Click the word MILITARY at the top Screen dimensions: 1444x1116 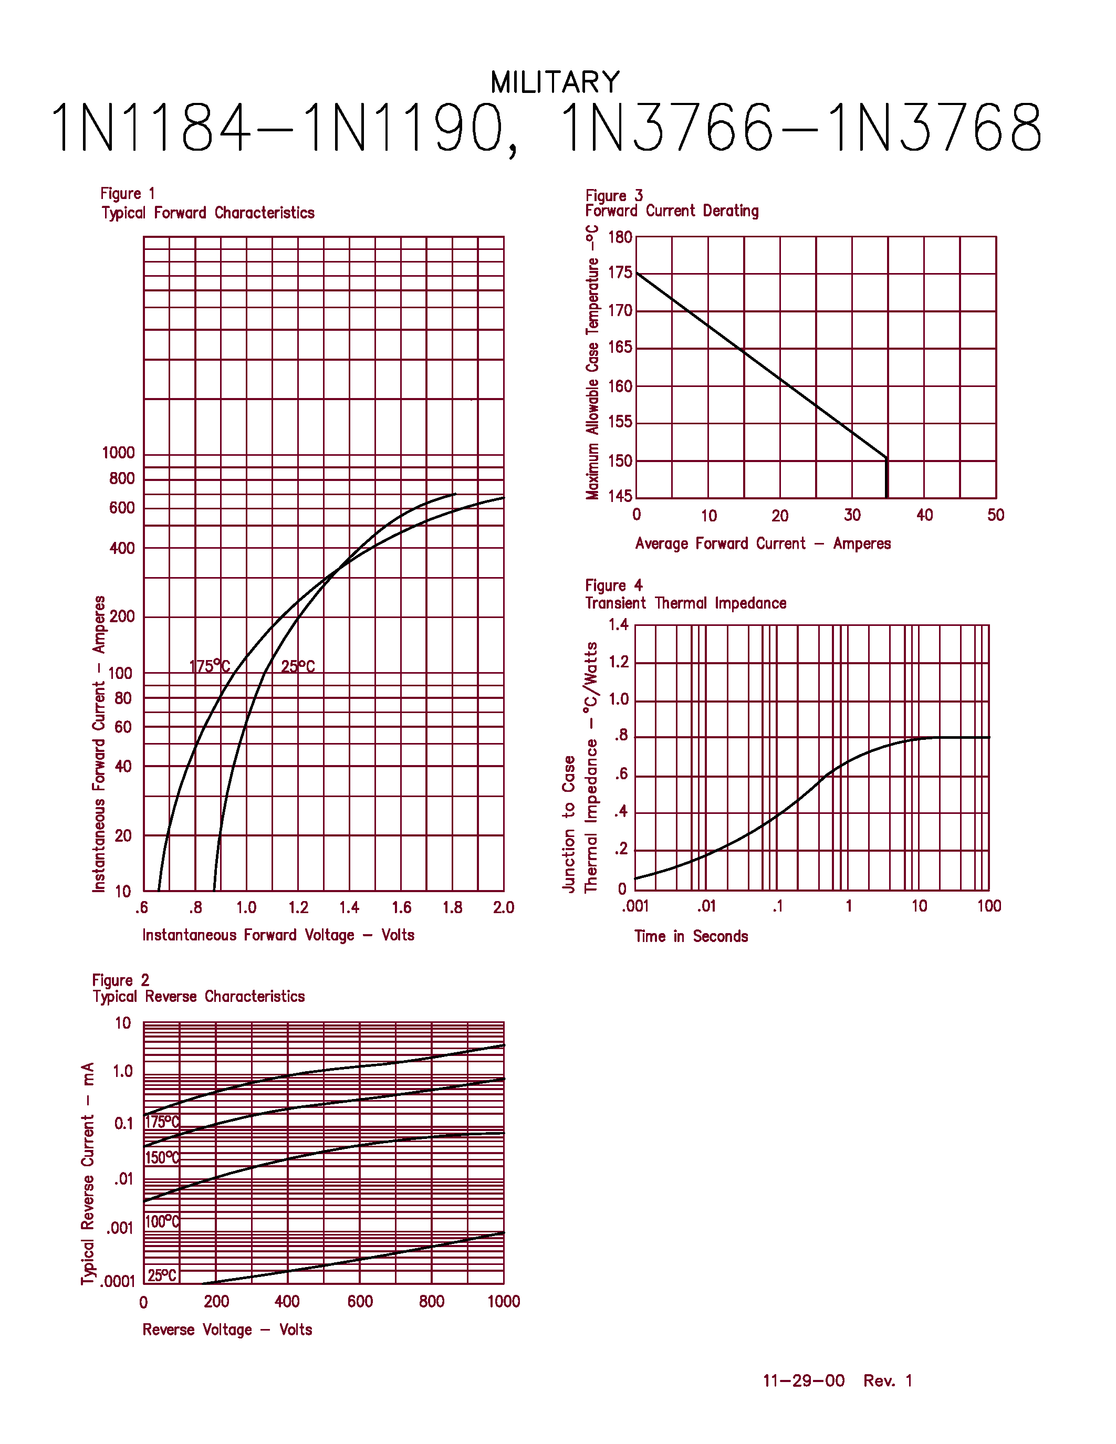555,82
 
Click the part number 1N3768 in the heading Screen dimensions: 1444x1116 934,128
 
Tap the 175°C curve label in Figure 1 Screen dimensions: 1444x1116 210,666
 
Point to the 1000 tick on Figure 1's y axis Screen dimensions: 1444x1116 118,453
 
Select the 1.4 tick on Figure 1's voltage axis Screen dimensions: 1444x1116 349,908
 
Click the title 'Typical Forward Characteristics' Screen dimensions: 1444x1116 207,213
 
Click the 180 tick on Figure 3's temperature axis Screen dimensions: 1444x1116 620,237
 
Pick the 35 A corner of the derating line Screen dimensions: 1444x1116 886,457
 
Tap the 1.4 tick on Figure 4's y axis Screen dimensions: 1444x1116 618,625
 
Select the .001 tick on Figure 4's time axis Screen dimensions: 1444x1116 635,906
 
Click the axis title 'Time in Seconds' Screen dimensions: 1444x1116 691,936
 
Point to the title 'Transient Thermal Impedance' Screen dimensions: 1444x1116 685,603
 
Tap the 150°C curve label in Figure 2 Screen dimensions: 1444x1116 162,1158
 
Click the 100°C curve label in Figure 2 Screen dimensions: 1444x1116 162,1221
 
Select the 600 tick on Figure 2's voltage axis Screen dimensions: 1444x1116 360,1302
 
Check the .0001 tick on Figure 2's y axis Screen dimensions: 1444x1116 118,1281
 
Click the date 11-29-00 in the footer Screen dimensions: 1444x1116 804,1380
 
